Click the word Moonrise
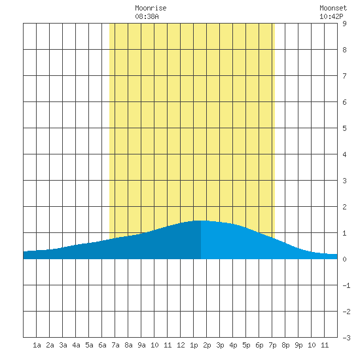(x=151, y=8)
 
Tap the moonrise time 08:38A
(x=147, y=16)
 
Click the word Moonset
(x=333, y=8)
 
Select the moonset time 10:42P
(x=331, y=16)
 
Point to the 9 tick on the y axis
(x=344, y=24)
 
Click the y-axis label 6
(x=344, y=102)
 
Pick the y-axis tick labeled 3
(x=344, y=181)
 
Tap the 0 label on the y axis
(x=344, y=259)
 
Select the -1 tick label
(x=346, y=285)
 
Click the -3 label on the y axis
(x=346, y=338)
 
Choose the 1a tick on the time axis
(x=37, y=345)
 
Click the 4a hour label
(x=76, y=345)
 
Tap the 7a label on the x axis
(x=115, y=345)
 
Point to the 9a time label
(x=141, y=345)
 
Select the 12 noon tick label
(x=181, y=345)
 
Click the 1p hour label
(x=194, y=345)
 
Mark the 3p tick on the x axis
(x=220, y=345)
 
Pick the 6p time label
(x=259, y=345)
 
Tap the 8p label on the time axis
(x=285, y=345)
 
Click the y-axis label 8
(x=344, y=50)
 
